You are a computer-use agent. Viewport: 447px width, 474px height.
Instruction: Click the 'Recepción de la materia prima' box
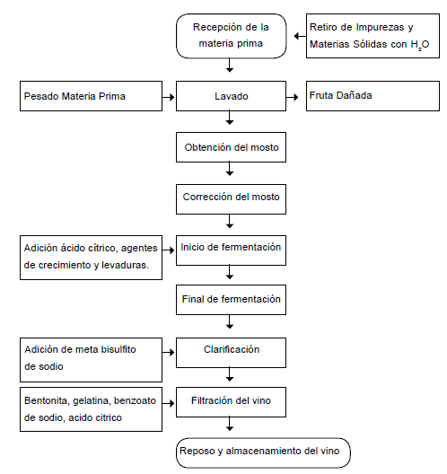click(x=232, y=34)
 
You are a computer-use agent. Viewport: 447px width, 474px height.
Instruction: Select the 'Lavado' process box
click(x=232, y=95)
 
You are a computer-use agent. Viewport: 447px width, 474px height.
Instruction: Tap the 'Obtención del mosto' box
click(x=232, y=146)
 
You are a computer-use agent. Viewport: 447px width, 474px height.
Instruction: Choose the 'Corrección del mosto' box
click(x=232, y=197)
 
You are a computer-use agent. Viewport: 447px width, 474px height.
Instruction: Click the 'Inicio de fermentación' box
click(x=232, y=248)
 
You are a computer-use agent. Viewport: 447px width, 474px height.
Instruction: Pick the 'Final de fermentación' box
click(x=232, y=299)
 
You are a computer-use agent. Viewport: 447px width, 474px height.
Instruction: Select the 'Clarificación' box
click(x=232, y=350)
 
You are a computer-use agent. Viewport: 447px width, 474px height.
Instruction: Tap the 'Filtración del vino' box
click(x=232, y=400)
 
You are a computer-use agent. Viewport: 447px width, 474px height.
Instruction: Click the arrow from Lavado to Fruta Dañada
click(x=294, y=95)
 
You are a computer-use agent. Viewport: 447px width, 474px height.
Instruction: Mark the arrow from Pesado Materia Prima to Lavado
click(x=168, y=95)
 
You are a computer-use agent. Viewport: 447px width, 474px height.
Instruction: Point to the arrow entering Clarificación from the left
click(x=168, y=350)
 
